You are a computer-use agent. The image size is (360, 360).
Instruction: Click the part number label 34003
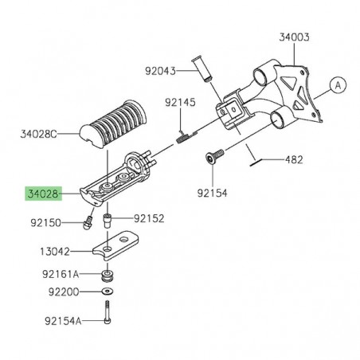294,37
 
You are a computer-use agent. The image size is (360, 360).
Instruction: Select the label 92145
180,102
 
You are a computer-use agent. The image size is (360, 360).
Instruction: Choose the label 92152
149,217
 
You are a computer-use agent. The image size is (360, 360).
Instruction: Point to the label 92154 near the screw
213,191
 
